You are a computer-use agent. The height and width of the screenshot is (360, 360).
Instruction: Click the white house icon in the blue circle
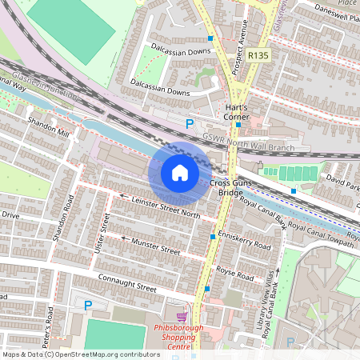[180, 173]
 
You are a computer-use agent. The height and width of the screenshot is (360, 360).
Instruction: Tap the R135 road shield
[258, 55]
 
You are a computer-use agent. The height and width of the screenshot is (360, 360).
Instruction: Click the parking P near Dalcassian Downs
[190, 124]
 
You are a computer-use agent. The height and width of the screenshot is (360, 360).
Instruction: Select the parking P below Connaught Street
[88, 305]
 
